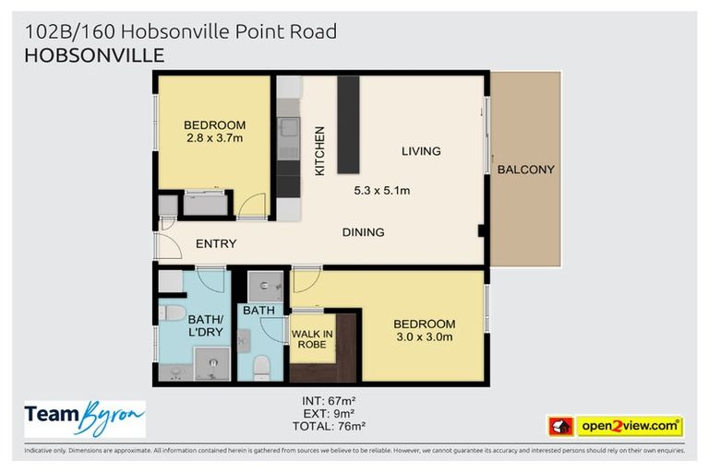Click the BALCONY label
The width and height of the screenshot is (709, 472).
click(x=525, y=170)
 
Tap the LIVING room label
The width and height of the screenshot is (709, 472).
click(x=420, y=151)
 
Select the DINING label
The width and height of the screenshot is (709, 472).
click(x=363, y=232)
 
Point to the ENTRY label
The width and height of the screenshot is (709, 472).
click(x=216, y=244)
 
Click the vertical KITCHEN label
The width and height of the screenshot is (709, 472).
click(x=320, y=151)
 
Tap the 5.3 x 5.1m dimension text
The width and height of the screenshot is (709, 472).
click(x=381, y=191)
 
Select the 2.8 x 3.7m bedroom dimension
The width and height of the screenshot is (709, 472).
click(x=214, y=139)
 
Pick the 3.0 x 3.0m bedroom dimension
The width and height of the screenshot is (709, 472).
click(x=424, y=337)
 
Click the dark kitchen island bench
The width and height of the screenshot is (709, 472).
click(x=348, y=124)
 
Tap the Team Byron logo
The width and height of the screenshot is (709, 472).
click(x=85, y=419)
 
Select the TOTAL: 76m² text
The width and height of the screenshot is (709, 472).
click(x=329, y=426)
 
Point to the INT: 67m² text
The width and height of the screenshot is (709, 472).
click(x=329, y=400)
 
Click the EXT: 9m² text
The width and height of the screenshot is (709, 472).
click(x=329, y=413)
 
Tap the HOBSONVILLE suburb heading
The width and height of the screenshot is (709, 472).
click(x=94, y=55)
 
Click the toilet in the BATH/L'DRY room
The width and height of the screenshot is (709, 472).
click(x=172, y=313)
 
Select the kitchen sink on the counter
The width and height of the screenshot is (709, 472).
click(x=289, y=128)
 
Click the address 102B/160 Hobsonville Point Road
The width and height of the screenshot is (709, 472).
click(x=181, y=31)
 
